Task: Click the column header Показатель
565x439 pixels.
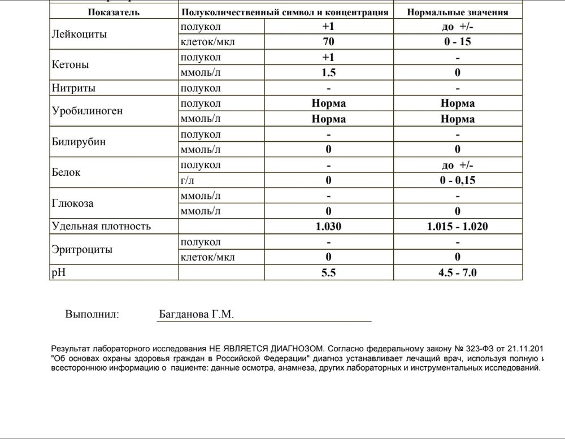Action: (x=114, y=12)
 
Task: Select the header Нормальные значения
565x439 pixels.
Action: (x=457, y=12)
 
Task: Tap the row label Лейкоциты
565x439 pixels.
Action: (x=79, y=34)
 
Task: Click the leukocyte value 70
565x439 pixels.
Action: (x=328, y=42)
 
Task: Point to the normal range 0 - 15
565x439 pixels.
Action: (x=457, y=42)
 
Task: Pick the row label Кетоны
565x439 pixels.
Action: (x=70, y=64)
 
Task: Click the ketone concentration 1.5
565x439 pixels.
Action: (x=328, y=72)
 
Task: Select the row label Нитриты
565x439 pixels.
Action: (x=73, y=88)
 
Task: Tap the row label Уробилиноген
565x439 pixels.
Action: (x=87, y=111)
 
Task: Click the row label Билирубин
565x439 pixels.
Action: (x=79, y=142)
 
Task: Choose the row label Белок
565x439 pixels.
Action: (x=66, y=172)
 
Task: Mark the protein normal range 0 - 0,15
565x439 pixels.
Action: (x=457, y=180)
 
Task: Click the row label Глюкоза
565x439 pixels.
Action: (x=72, y=203)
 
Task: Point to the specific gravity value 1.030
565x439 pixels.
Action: (x=328, y=227)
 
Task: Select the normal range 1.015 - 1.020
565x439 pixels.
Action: (x=457, y=227)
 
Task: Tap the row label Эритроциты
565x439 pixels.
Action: (x=82, y=249)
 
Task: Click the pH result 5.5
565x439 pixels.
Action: (x=328, y=272)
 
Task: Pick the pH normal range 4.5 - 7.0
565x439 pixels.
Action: (x=457, y=272)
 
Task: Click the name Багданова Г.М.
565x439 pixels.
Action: (x=196, y=315)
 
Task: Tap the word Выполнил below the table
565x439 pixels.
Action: (x=92, y=315)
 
